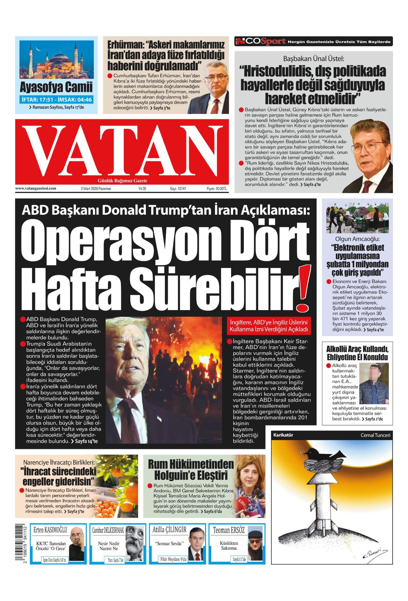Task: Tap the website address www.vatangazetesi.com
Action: click(x=35, y=188)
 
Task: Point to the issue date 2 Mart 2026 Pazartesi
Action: click(x=96, y=189)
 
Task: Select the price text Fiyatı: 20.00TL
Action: click(x=217, y=189)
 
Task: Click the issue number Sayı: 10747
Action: click(x=178, y=189)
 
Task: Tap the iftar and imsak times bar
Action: click(x=56, y=100)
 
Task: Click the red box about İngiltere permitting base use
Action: click(x=268, y=326)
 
